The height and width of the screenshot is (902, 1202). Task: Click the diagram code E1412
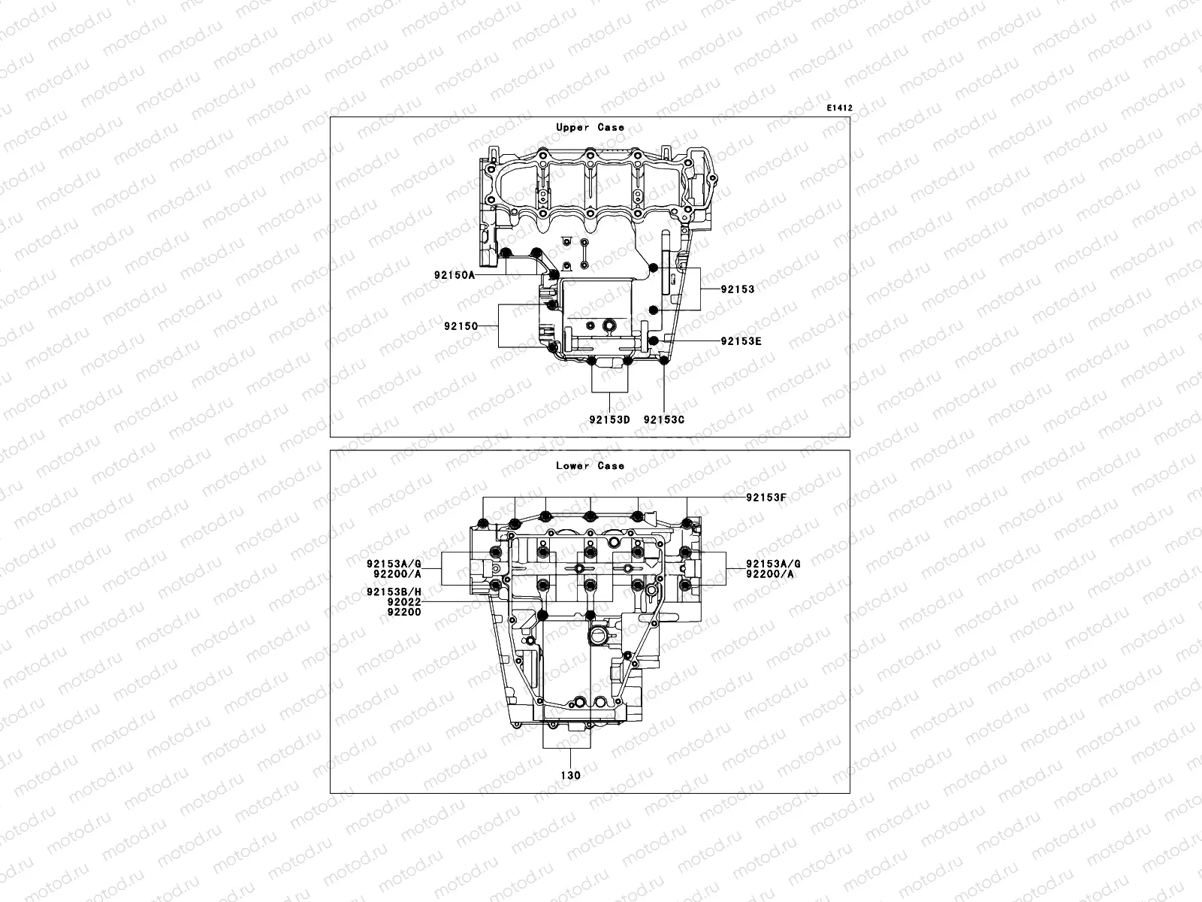pos(839,108)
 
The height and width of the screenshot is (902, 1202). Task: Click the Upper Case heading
pos(590,128)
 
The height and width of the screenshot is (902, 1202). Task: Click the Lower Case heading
pos(590,466)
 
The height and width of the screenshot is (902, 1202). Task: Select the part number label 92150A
pos(454,275)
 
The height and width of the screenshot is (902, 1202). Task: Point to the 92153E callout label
pos(741,341)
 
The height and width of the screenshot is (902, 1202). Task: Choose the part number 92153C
pos(664,419)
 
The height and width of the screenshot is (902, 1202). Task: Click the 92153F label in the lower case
pos(766,498)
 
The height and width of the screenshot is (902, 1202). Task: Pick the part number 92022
pos(404,602)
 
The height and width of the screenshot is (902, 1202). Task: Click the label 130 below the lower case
pos(569,775)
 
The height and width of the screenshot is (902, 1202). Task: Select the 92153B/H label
pos(394,592)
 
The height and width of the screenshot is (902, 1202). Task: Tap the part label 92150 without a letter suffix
pos(461,326)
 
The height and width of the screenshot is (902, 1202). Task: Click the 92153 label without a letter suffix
pos(737,289)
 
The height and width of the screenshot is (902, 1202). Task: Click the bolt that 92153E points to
pos(654,341)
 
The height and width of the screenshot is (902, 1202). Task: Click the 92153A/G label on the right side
pos(773,564)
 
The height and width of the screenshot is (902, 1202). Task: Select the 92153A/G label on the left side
pos(394,564)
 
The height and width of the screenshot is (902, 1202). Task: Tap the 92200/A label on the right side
pos(770,574)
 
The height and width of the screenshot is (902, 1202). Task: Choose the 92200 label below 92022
pos(404,612)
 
